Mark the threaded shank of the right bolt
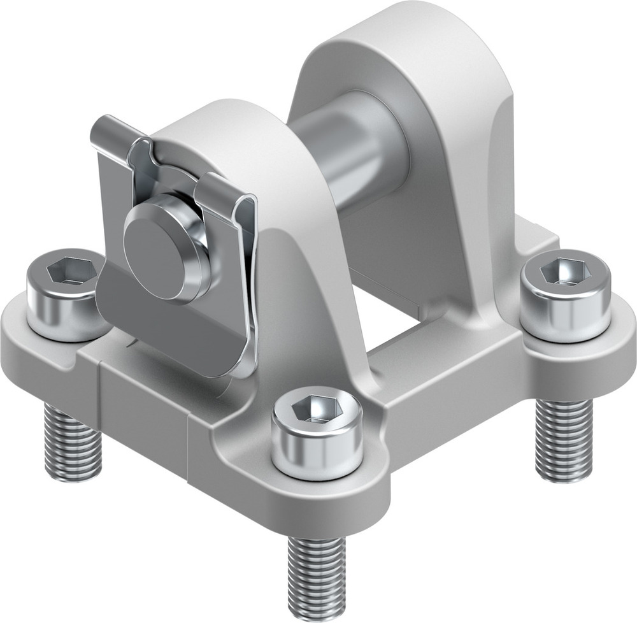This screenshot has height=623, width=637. [x=563, y=440]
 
